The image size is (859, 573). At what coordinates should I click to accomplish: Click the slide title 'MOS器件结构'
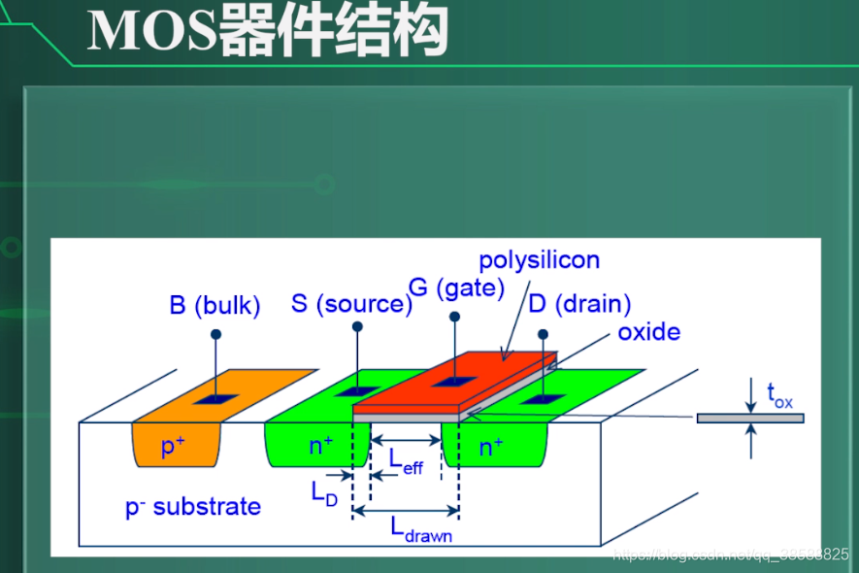pos(267,31)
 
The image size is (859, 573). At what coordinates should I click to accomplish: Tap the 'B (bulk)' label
pos(215,306)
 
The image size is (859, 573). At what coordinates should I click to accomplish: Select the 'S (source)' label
pos(351,303)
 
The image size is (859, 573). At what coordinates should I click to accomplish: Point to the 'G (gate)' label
pos(456,287)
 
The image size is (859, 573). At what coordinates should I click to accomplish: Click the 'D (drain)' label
pos(579,304)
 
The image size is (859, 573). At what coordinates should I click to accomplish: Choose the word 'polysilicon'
pos(540,260)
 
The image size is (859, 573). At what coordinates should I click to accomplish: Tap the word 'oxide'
pos(648,332)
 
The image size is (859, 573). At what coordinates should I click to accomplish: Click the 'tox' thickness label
pos(779,394)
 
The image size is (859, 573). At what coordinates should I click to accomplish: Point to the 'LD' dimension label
pos(324,491)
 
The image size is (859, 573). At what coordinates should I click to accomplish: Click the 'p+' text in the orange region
pos(174,447)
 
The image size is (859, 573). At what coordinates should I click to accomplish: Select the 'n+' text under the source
pos(321,446)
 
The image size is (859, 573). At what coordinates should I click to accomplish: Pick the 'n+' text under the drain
pos(491,446)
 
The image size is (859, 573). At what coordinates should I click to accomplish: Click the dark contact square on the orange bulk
pos(215,397)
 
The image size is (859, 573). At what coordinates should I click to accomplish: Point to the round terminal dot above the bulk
pos(215,334)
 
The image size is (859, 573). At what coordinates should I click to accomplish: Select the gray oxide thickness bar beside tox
pos(750,418)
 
